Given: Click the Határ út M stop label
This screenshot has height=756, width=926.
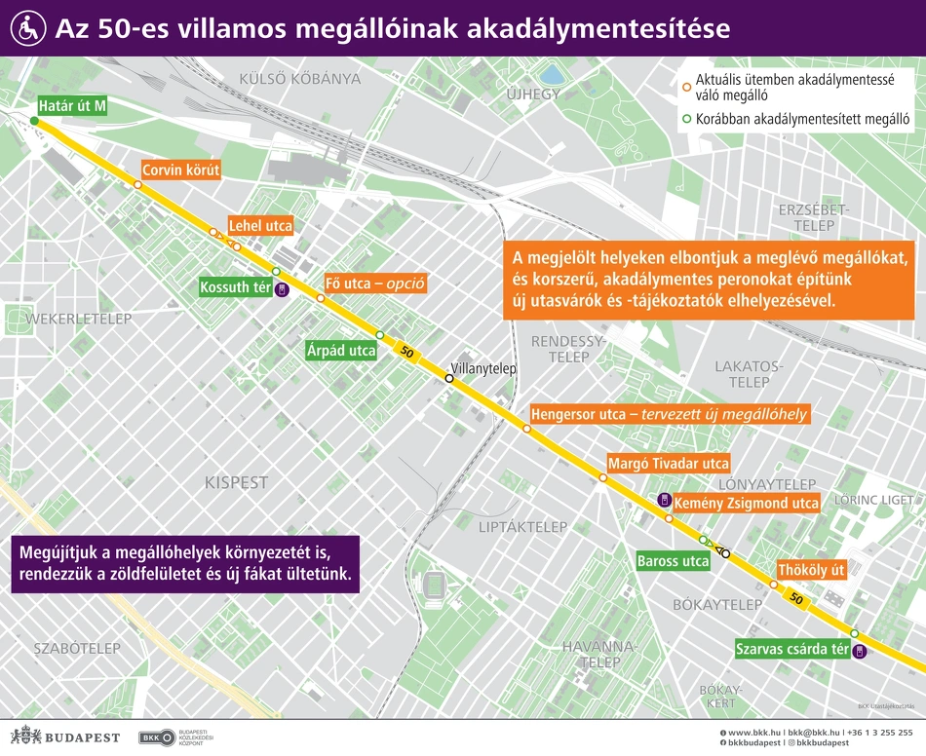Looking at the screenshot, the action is (71, 105).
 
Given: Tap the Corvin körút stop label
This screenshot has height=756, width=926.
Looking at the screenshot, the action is (181, 170).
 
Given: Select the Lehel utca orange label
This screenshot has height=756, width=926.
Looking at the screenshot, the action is (260, 226).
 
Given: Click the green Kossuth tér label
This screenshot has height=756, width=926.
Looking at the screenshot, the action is (235, 287).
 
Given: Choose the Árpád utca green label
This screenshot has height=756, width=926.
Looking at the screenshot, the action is (341, 351).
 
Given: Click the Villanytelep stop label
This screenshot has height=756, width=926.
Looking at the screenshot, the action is (482, 369).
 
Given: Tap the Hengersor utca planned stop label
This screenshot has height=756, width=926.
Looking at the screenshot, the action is (669, 415).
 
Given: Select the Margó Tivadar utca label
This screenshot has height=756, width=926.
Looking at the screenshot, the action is (668, 463).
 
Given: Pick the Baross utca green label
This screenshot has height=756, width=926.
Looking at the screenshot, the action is (673, 561).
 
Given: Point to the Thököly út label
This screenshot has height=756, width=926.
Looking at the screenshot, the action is (811, 570).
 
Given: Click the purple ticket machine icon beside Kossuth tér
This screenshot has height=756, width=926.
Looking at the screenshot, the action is (282, 288).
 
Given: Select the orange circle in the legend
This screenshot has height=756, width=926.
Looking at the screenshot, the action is (686, 87).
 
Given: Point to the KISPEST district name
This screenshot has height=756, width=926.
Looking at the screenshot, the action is (236, 482).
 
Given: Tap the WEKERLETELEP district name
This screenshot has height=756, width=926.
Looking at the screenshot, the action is (78, 319).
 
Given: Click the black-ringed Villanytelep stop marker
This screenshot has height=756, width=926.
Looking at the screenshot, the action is (449, 378).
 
